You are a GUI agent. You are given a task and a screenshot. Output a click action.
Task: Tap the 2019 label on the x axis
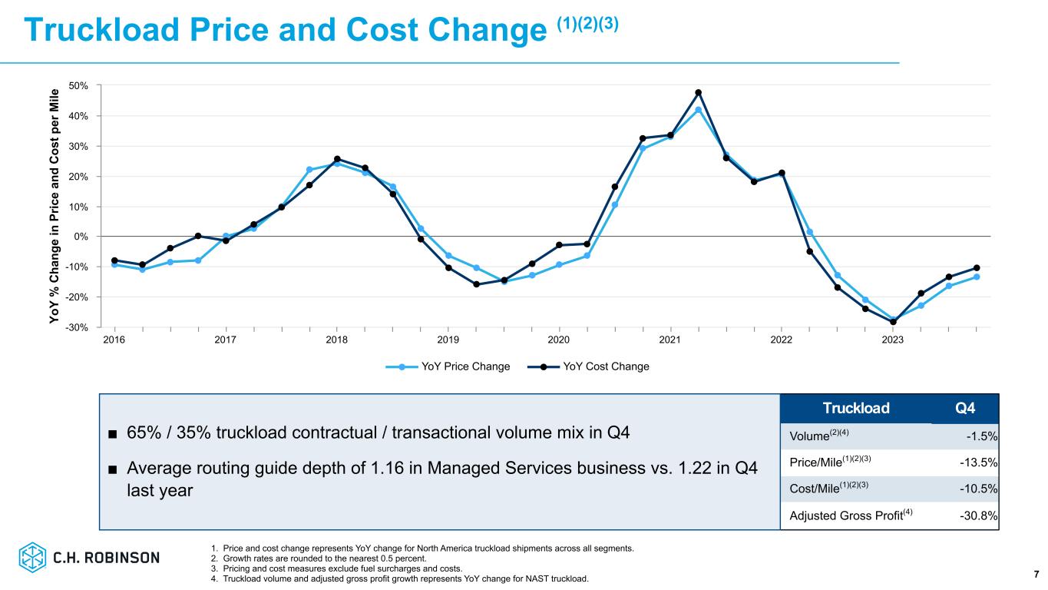click(x=448, y=340)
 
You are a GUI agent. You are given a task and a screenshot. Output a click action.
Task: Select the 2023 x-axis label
click(x=893, y=340)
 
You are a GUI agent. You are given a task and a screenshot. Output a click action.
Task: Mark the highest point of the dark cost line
click(x=699, y=93)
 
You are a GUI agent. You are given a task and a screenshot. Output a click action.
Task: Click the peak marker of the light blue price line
click(x=699, y=110)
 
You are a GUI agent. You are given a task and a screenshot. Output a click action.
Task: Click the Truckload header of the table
click(x=857, y=408)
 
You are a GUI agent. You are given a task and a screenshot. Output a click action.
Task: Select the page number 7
click(x=1036, y=574)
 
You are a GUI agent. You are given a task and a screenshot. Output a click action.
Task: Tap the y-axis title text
click(x=55, y=206)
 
